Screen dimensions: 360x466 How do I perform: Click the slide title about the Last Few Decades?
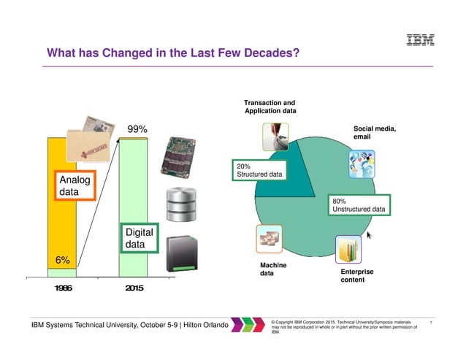173,54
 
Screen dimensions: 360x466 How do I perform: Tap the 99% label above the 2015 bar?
137,129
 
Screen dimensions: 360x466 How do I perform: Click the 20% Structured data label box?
259,170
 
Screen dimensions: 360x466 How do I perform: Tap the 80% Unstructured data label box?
359,204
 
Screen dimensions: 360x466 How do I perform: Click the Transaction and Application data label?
270,107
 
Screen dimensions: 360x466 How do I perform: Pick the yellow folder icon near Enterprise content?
350,250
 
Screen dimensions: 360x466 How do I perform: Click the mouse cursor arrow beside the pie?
369,235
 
